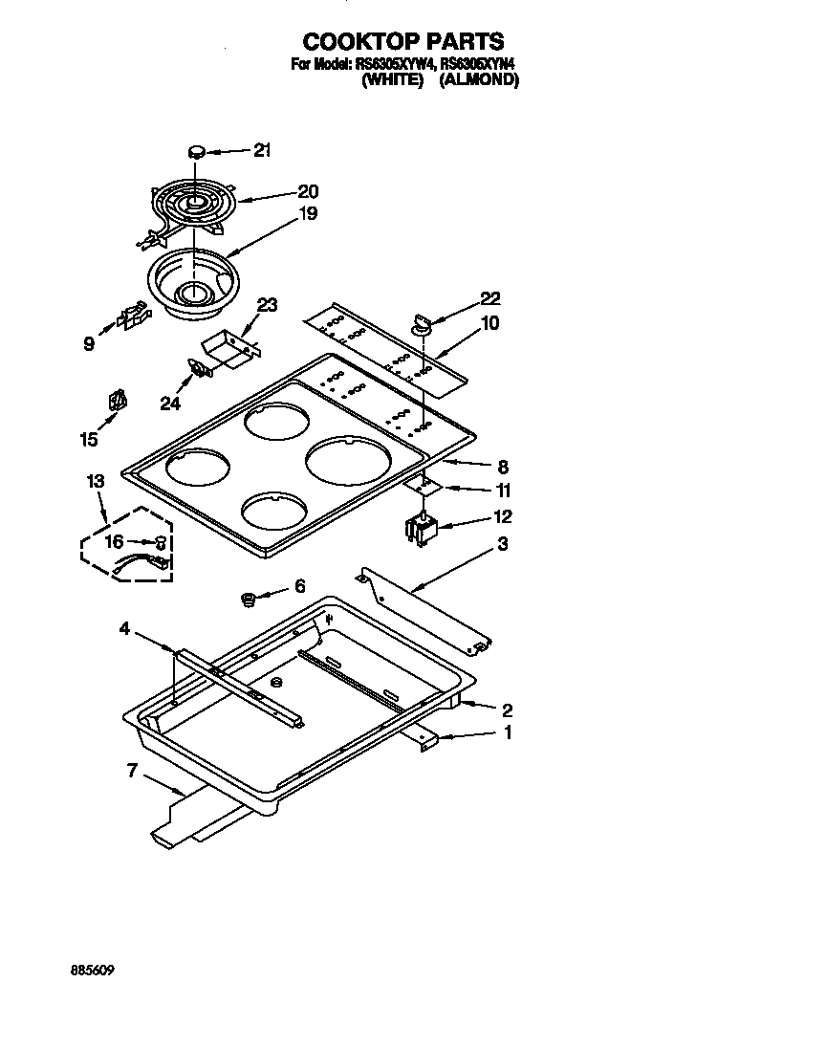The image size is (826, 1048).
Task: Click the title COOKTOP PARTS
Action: pos(402,41)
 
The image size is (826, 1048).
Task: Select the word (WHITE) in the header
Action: pos(392,81)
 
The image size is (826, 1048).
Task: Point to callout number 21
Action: pos(262,149)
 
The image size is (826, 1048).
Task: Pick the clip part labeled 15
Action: pos(118,402)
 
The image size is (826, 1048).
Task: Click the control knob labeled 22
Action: pos(422,325)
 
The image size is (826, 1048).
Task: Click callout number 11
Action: pos(502,491)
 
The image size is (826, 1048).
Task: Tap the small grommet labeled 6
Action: pos(249,600)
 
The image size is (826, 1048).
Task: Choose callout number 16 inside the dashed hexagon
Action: pos(114,541)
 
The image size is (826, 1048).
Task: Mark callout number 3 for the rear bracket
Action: pos(502,544)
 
